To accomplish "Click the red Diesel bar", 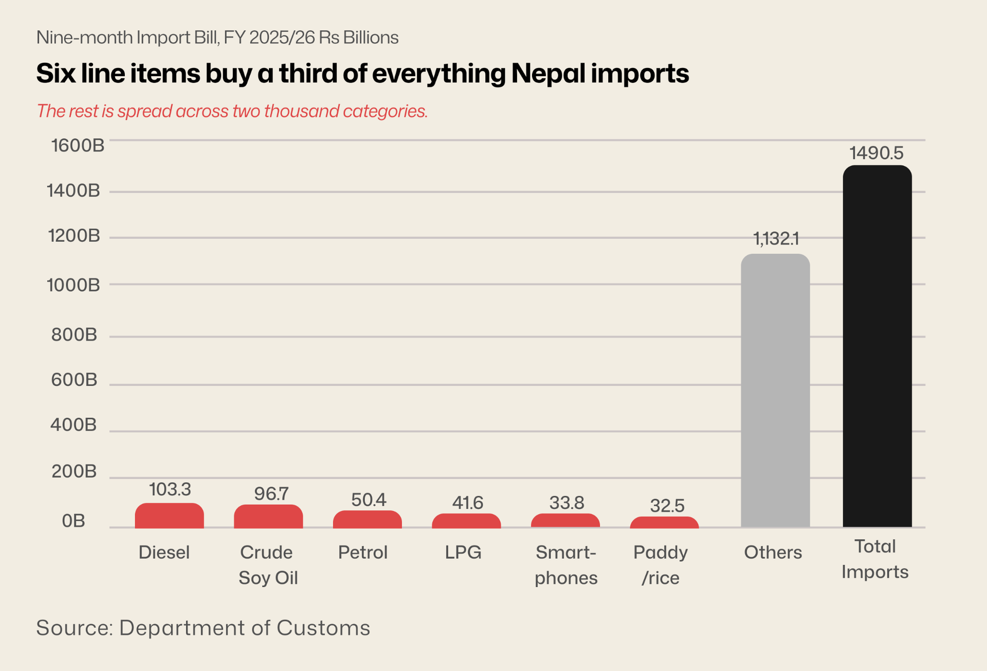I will pyautogui.click(x=169, y=516).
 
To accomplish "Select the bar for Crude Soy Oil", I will pyautogui.click(x=268, y=517).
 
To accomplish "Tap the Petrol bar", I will pyautogui.click(x=367, y=520).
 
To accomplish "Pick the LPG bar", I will pyautogui.click(x=466, y=521).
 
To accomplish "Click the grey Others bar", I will pyautogui.click(x=775, y=391).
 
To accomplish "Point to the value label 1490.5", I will pyautogui.click(x=876, y=153).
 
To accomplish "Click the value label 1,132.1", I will pyautogui.click(x=776, y=239).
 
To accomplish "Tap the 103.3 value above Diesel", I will pyautogui.click(x=170, y=489).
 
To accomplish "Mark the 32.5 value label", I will pyautogui.click(x=667, y=506).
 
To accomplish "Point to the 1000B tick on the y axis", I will pyautogui.click(x=74, y=285).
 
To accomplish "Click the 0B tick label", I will pyautogui.click(x=74, y=521).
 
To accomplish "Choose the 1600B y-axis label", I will pyautogui.click(x=78, y=146).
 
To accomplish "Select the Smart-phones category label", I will pyautogui.click(x=566, y=564).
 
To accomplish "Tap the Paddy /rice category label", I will pyautogui.click(x=661, y=564).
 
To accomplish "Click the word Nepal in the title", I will pyautogui.click(x=549, y=73).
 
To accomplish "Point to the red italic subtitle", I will pyautogui.click(x=232, y=111).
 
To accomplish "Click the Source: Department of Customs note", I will pyautogui.click(x=203, y=628).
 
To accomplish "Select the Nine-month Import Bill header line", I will pyautogui.click(x=217, y=38).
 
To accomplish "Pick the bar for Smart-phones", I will pyautogui.click(x=565, y=521).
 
